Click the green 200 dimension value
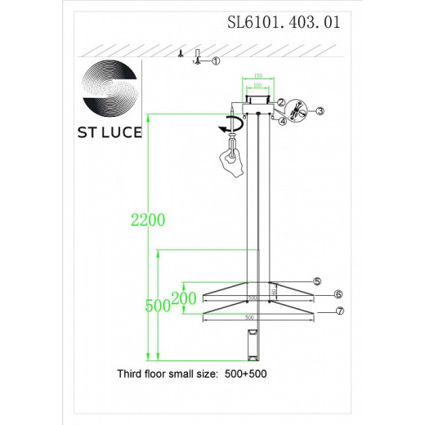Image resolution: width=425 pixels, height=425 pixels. [x=184, y=299]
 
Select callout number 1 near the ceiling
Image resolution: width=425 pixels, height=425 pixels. [x=216, y=61]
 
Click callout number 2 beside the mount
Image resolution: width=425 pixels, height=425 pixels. [x=280, y=102]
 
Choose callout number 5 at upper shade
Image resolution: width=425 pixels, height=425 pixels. [x=316, y=281]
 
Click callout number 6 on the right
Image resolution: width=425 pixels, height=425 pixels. [x=338, y=294]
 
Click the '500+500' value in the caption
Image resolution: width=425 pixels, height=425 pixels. [x=248, y=373]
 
